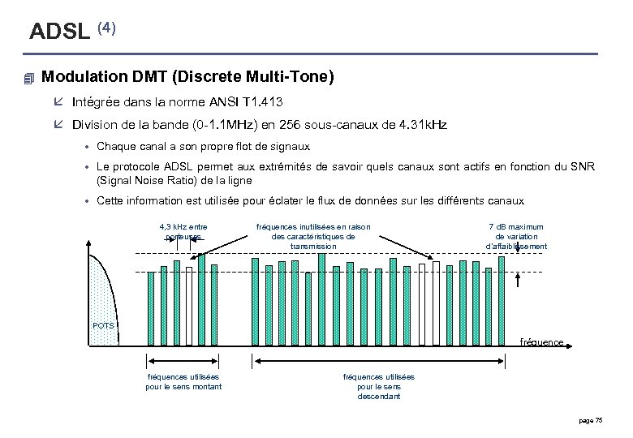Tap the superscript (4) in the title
click(107, 27)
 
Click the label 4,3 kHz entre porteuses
click(183, 231)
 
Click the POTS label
click(103, 326)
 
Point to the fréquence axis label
click(541, 342)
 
